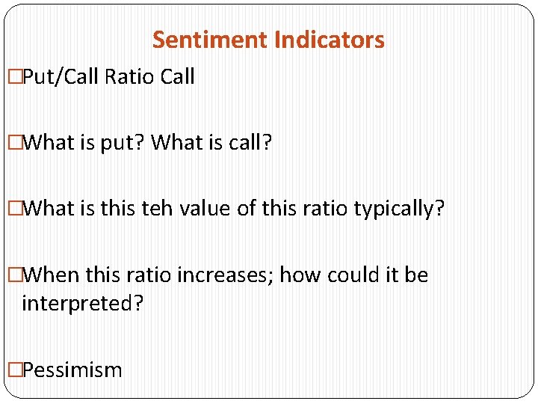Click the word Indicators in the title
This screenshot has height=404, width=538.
click(330, 40)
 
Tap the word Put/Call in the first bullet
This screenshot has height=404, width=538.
click(62, 77)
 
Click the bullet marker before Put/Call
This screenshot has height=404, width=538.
click(14, 77)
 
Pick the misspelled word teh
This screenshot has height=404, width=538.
click(157, 208)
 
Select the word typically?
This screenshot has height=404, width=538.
click(399, 208)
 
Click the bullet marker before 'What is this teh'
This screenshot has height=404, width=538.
click(14, 208)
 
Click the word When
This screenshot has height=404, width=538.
click(52, 275)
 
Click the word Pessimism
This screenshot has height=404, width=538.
click(72, 370)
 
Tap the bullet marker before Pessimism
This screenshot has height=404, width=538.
click(14, 370)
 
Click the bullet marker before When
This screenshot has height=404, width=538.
click(14, 275)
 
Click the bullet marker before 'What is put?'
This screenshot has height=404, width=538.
click(14, 142)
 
